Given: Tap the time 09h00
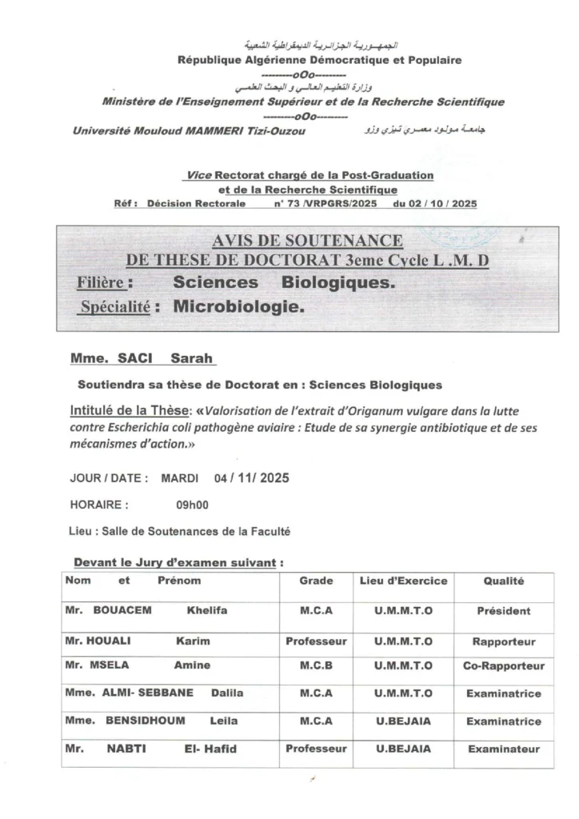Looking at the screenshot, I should tap(193, 505).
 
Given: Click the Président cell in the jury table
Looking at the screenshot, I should tap(503, 611).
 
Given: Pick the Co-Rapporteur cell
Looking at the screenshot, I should tap(503, 665).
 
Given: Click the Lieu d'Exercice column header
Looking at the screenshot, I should tap(403, 581).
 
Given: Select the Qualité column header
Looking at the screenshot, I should tap(503, 581).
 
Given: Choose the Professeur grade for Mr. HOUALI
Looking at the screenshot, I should tap(316, 641).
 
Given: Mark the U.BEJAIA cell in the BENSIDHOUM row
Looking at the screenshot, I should tap(403, 721).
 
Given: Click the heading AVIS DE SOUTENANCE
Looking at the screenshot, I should tap(308, 241).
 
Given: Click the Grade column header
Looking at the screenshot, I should tap(316, 581).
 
